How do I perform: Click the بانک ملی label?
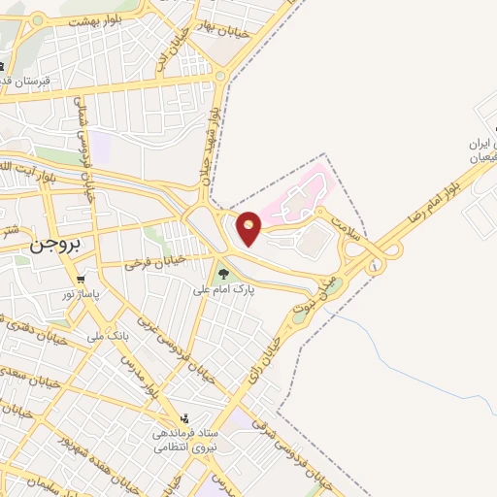109,335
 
